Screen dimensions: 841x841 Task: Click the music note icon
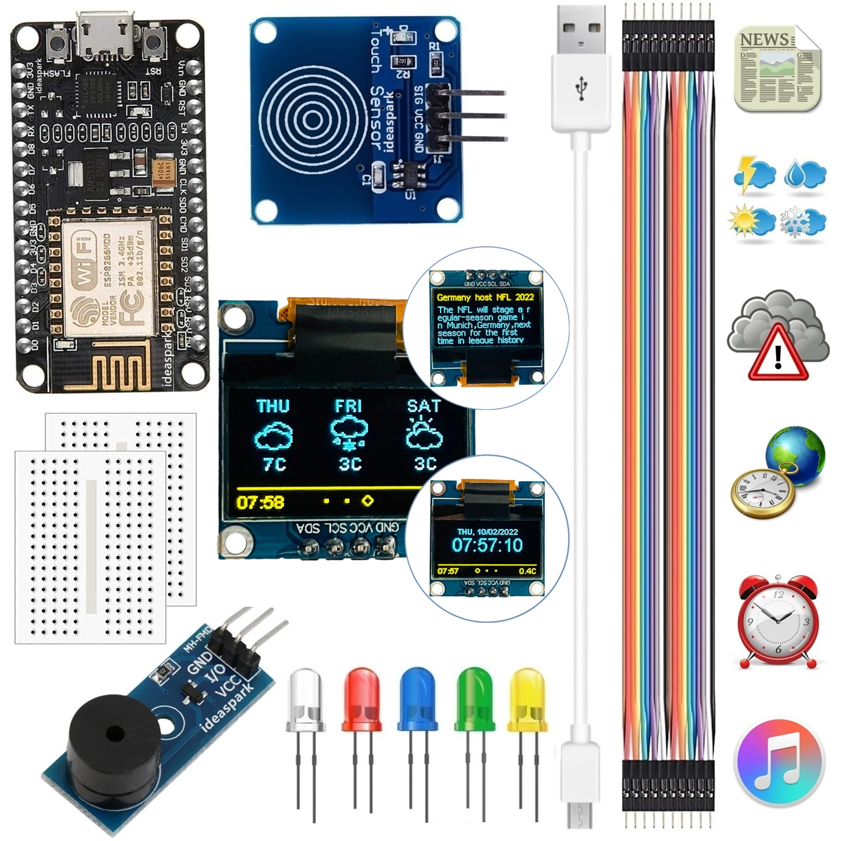tap(779, 763)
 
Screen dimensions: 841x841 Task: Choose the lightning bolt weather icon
tap(754, 174)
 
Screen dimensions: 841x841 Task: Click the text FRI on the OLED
tap(348, 406)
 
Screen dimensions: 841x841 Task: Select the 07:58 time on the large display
tap(260, 502)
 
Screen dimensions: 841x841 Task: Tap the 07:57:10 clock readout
tap(487, 545)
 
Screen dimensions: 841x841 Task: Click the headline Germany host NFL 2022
tap(486, 297)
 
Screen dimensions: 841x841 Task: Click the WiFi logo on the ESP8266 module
tap(84, 264)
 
